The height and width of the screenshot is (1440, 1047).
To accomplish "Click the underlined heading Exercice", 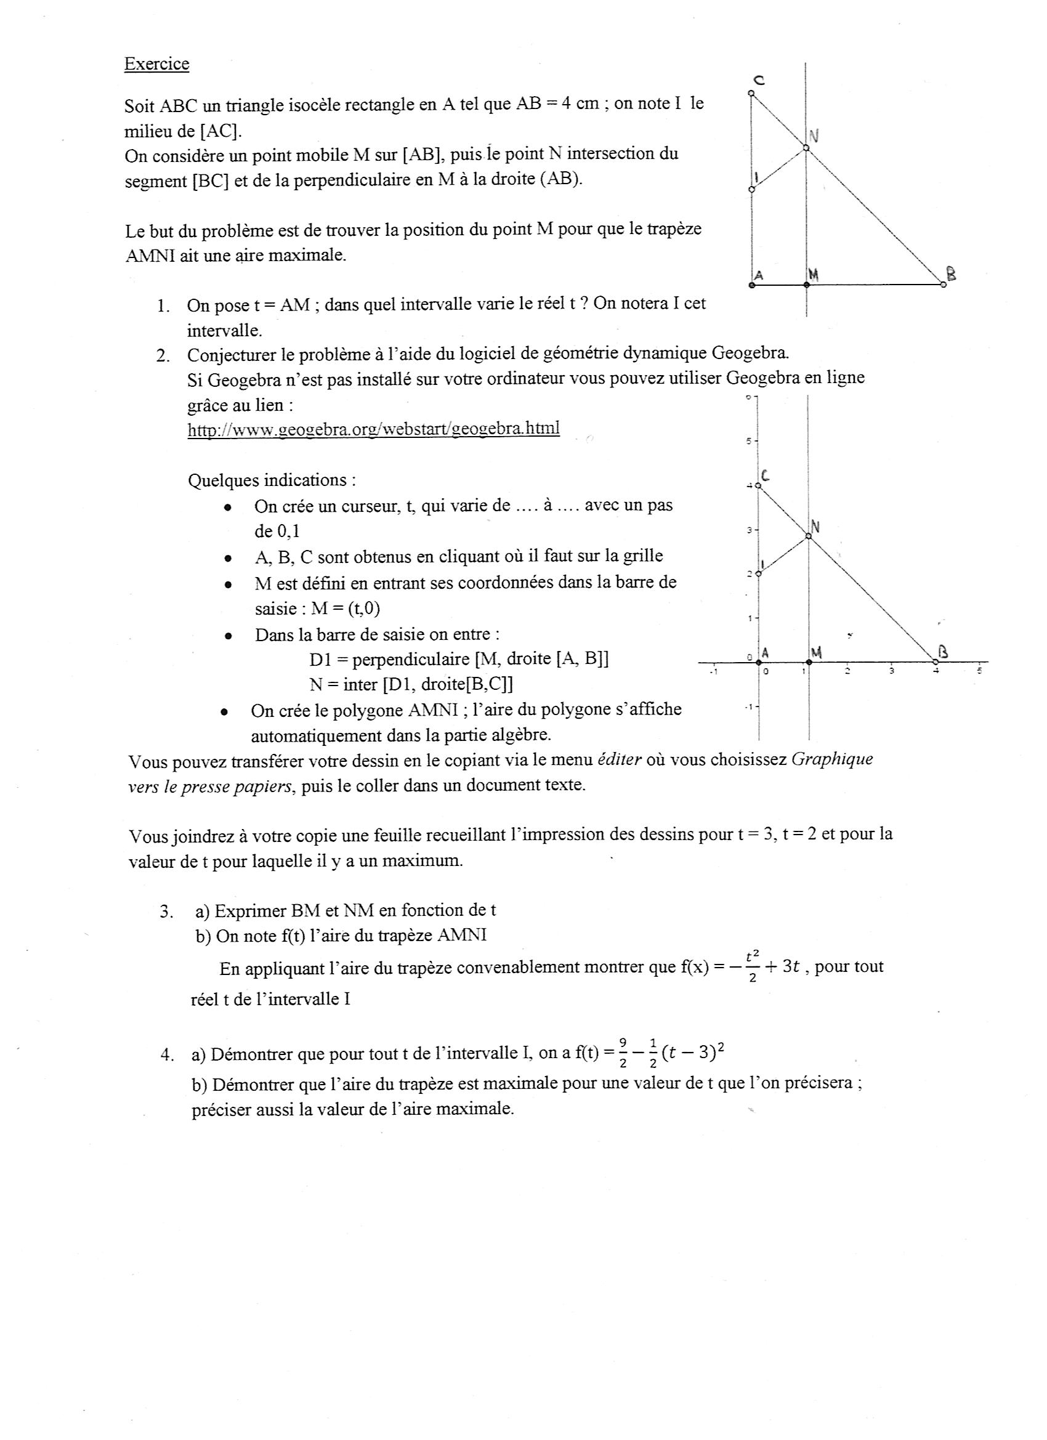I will (156, 64).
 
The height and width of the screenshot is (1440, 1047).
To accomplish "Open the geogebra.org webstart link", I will (373, 429).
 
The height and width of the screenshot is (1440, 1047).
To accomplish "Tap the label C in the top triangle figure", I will (758, 80).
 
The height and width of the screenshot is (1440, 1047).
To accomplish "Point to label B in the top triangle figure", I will (950, 273).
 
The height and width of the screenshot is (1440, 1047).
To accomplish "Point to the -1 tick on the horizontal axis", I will (714, 671).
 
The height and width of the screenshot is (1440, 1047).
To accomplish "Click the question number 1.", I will (163, 306).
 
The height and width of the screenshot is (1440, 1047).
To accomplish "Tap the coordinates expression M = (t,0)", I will (343, 609).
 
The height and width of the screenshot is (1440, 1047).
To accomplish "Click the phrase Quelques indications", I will (271, 480).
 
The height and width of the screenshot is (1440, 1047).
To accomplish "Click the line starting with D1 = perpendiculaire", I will (459, 659).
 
